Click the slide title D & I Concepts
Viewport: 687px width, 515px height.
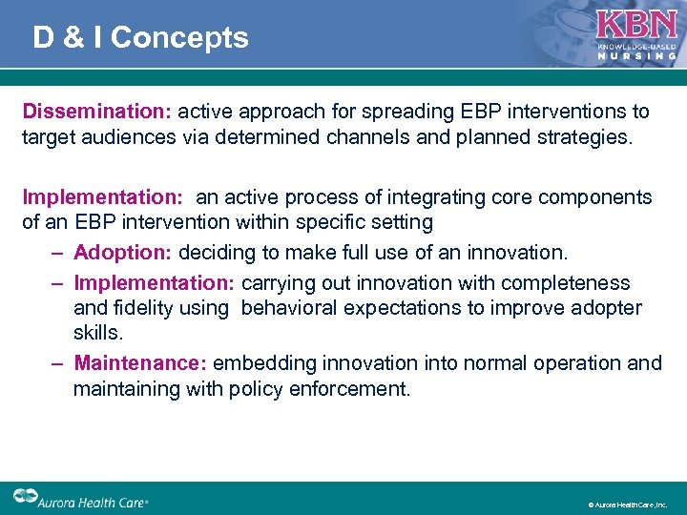pyautogui.click(x=140, y=37)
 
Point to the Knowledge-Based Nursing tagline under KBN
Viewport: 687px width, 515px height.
pyautogui.click(x=636, y=51)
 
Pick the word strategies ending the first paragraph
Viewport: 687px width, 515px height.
pyautogui.click(x=585, y=137)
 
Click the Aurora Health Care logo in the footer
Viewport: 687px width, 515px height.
pyautogui.click(x=80, y=498)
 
